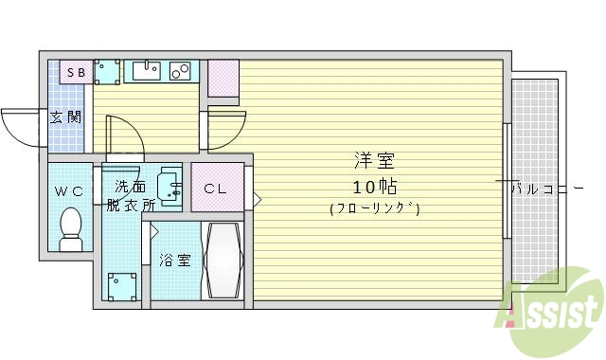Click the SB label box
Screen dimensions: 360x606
76,71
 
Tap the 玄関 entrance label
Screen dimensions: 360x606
65,118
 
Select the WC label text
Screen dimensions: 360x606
68,191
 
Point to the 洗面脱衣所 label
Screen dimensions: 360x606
128,194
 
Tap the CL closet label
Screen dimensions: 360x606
216,188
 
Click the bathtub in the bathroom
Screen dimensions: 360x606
224,260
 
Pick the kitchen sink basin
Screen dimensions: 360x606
146,70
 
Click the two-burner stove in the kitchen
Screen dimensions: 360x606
181,70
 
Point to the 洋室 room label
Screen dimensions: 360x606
375,160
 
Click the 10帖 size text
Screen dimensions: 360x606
375,184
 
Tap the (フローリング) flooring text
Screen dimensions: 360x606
375,208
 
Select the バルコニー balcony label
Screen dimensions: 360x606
546,189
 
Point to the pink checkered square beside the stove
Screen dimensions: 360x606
223,78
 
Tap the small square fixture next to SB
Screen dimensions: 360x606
107,71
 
